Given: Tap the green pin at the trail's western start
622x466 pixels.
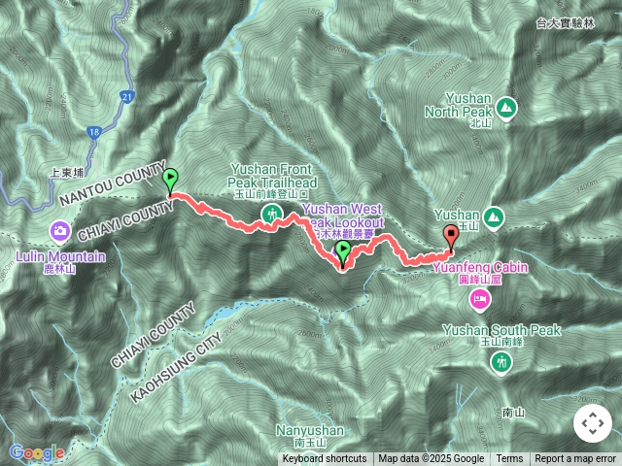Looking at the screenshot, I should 171,180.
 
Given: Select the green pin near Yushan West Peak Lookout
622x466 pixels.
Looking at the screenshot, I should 343,252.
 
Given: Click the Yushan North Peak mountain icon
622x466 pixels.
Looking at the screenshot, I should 505,106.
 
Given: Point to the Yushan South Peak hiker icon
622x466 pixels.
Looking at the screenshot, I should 501,362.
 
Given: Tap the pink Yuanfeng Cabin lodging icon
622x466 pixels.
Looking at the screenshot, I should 478,300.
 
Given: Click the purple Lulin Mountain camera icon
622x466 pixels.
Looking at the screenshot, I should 60,230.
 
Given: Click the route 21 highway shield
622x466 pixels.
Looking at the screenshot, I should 127,96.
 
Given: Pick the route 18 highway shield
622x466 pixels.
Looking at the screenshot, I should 93,131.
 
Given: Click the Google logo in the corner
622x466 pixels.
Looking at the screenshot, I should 37,452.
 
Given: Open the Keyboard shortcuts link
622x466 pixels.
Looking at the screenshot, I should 325,459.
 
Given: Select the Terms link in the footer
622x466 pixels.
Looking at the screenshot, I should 509,459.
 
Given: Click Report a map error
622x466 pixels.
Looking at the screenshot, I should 575,459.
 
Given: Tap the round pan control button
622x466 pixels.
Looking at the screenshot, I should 592,423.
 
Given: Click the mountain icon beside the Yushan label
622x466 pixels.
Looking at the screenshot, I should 493,215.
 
